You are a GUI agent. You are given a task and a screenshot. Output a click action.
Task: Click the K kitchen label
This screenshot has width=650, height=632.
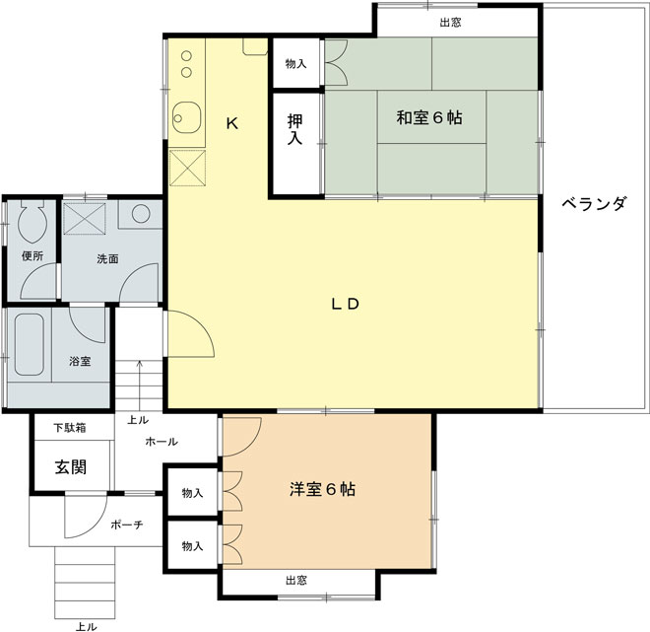pos(231,124)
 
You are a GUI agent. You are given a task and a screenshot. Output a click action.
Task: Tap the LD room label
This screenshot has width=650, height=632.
pos(345,305)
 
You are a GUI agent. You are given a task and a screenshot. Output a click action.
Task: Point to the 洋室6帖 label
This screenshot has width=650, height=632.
pos(322,489)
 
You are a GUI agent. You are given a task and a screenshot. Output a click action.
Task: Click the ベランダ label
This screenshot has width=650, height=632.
pos(594,205)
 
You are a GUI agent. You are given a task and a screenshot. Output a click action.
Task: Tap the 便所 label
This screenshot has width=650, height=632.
pos(32,256)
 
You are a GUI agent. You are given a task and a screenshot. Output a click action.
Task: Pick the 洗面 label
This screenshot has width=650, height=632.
pos(107,259)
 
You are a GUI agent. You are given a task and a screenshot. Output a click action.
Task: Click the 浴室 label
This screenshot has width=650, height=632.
pos(80,361)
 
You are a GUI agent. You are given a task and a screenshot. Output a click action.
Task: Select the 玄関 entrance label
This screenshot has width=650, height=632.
pos(69,466)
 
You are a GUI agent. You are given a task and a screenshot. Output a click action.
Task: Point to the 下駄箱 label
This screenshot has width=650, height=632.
pos(69,428)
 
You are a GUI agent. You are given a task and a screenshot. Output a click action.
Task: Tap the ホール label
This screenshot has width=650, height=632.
pos(161,442)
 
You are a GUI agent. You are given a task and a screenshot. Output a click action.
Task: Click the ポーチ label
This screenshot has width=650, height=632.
pos(126,526)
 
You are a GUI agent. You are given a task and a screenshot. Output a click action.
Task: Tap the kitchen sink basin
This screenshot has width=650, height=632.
pos(184,119)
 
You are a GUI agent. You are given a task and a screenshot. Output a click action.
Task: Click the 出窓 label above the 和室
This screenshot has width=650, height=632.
pos(452,21)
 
